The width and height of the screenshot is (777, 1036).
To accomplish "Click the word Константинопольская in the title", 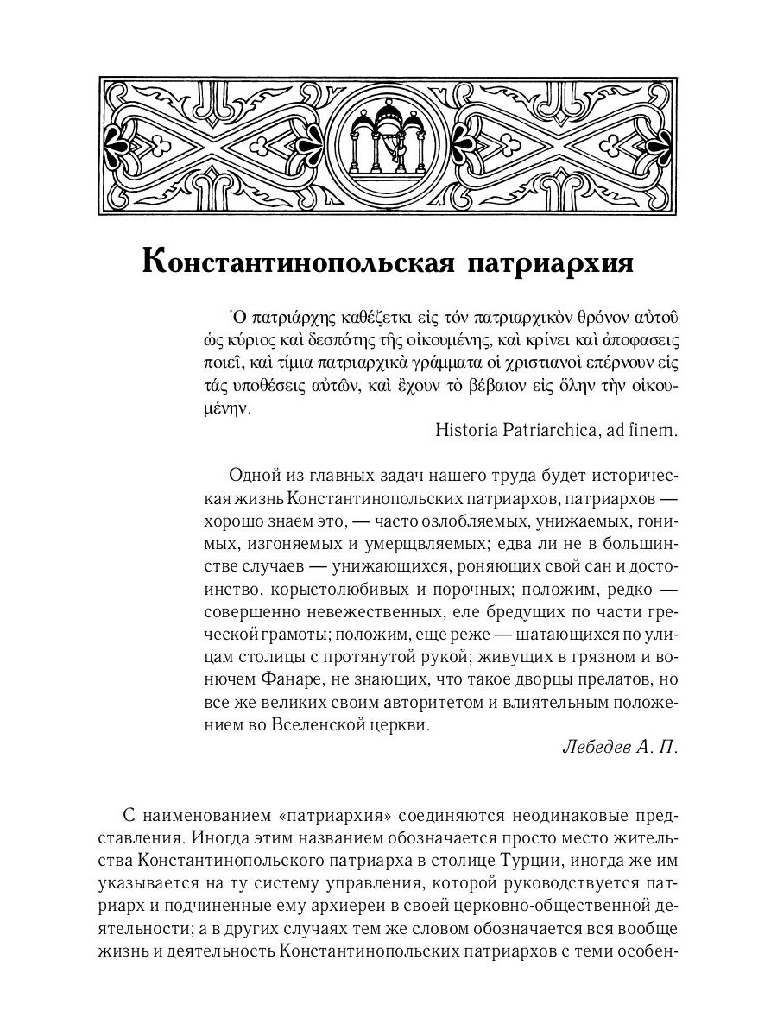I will coord(296,262).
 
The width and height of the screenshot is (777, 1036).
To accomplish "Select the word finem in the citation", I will coord(652,429).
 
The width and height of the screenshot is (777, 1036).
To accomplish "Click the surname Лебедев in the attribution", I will coord(597,748).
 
